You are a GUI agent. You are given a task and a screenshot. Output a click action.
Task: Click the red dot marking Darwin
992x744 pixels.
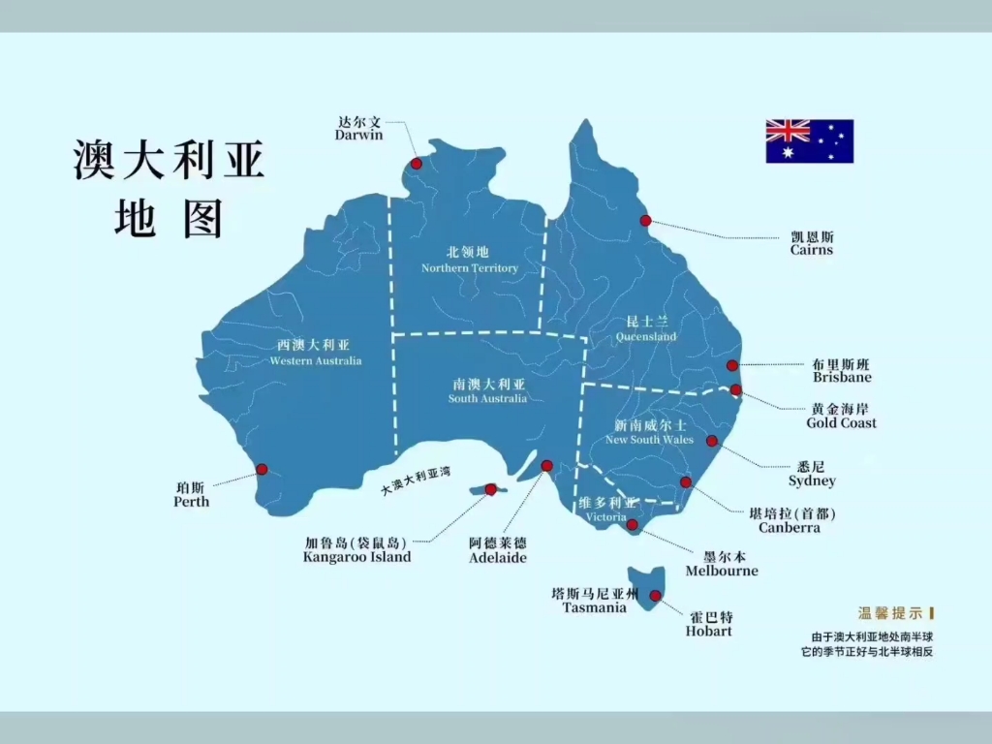[417, 164]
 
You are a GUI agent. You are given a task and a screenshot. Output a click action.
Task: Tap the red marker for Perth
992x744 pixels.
[262, 469]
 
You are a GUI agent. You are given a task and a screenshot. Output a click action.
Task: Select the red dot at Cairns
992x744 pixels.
[645, 221]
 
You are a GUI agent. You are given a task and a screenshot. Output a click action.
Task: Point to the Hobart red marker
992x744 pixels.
[656, 596]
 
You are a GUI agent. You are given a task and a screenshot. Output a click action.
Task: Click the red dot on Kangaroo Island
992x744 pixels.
[491, 489]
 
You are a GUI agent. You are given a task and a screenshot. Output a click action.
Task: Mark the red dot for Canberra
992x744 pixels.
[686, 481]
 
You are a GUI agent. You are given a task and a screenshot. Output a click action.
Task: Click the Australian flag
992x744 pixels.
[809, 141]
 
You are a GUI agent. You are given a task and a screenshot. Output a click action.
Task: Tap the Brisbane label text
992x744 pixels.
[842, 377]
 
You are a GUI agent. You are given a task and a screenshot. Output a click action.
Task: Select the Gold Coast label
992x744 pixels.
[841, 422]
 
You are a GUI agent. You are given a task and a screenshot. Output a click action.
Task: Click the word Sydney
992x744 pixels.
[812, 481]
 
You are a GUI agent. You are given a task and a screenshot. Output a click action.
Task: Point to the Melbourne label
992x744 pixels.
[722, 571]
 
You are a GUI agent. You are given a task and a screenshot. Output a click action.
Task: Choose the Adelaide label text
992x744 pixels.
[498, 558]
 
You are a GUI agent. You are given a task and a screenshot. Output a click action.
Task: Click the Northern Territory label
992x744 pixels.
[470, 268]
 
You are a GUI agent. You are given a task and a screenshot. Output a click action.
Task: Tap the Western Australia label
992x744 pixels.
[316, 361]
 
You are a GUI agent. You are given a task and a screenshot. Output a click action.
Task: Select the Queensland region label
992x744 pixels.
[646, 337]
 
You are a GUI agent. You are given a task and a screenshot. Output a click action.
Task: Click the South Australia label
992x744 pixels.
[488, 398]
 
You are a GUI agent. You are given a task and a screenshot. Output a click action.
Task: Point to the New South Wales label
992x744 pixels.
[649, 440]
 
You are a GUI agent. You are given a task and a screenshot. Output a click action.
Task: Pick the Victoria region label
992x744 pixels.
[606, 517]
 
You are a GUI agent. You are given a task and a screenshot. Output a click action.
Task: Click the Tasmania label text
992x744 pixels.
[595, 607]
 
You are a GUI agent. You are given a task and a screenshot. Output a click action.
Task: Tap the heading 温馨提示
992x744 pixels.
[890, 613]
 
